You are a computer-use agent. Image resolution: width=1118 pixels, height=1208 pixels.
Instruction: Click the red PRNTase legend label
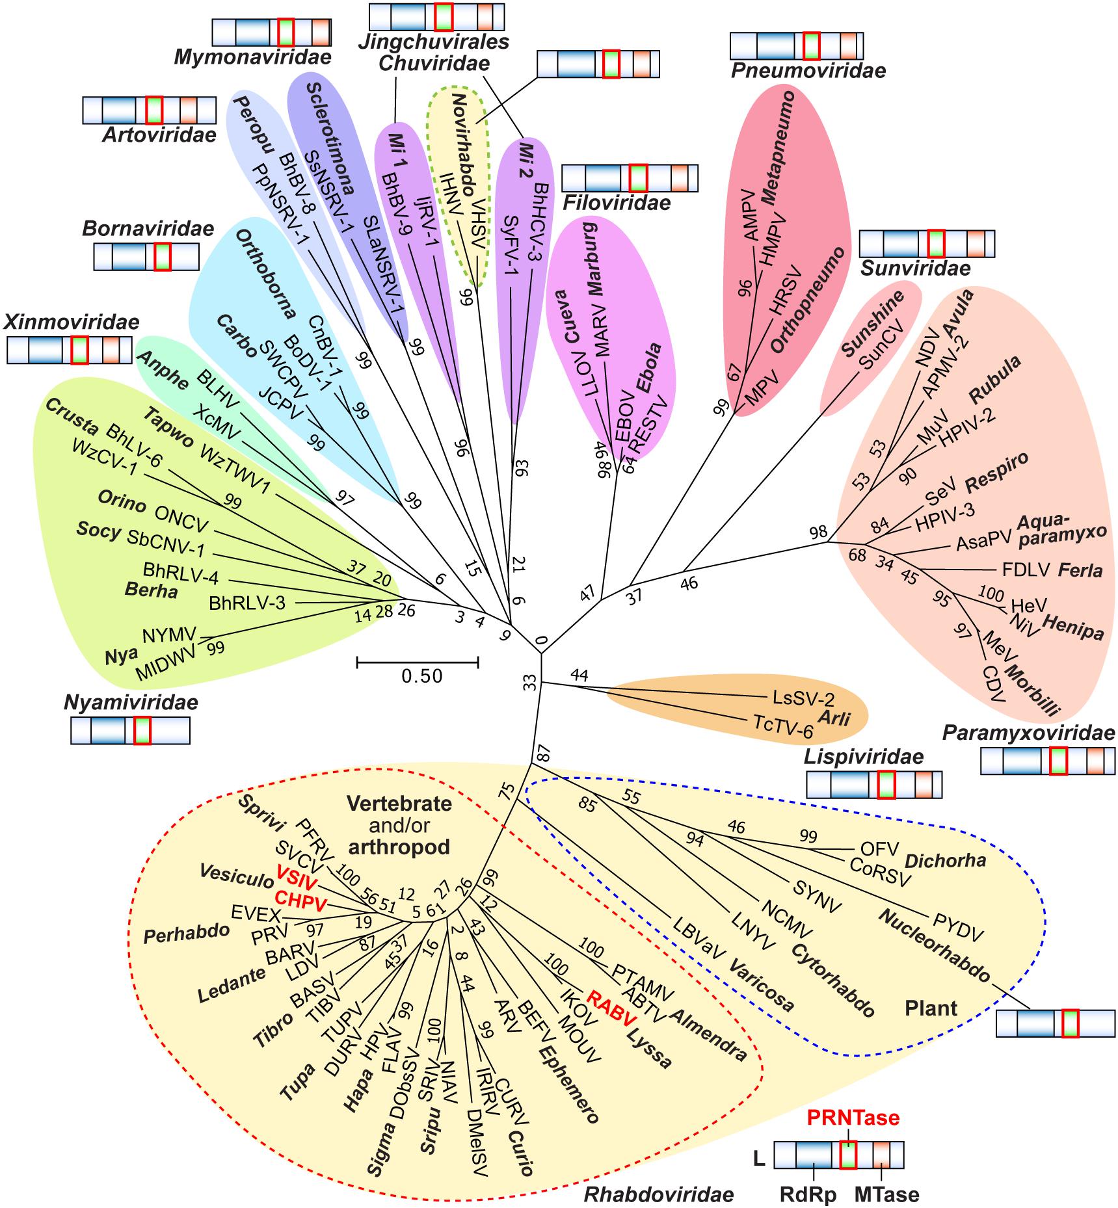[x=853, y=1118]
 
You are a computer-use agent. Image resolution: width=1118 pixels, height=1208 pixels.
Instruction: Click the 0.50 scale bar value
[x=421, y=676]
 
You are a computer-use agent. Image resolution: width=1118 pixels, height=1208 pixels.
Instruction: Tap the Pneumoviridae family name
[x=808, y=71]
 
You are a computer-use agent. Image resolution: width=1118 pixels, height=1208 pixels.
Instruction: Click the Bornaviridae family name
[x=148, y=229]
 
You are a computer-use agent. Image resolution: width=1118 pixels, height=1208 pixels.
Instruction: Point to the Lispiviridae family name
[x=864, y=757]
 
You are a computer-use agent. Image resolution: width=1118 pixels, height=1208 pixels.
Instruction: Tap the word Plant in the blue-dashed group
[x=931, y=1008]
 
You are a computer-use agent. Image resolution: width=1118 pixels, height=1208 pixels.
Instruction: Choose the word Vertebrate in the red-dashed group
[x=399, y=804]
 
